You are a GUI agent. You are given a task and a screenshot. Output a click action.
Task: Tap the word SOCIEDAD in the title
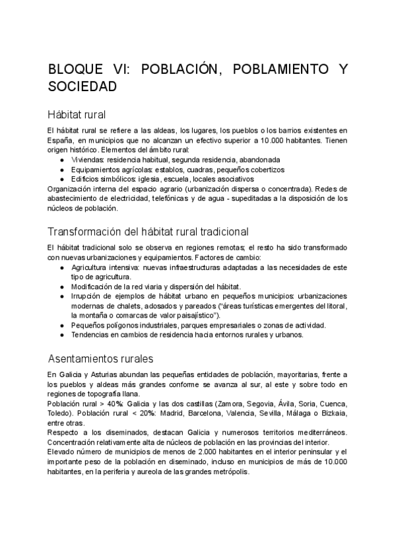(82, 87)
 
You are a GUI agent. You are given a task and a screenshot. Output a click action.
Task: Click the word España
(60, 141)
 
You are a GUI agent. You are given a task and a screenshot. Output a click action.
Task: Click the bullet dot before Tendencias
(61, 335)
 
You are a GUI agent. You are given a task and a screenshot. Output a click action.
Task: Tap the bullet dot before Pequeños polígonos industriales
(61, 326)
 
